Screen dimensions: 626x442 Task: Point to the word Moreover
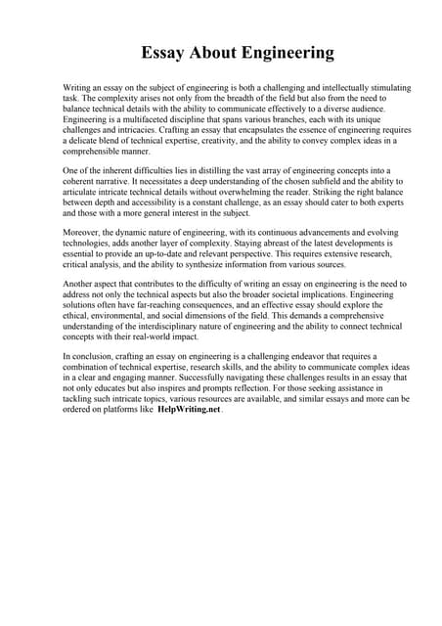pyautogui.click(x=83, y=231)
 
